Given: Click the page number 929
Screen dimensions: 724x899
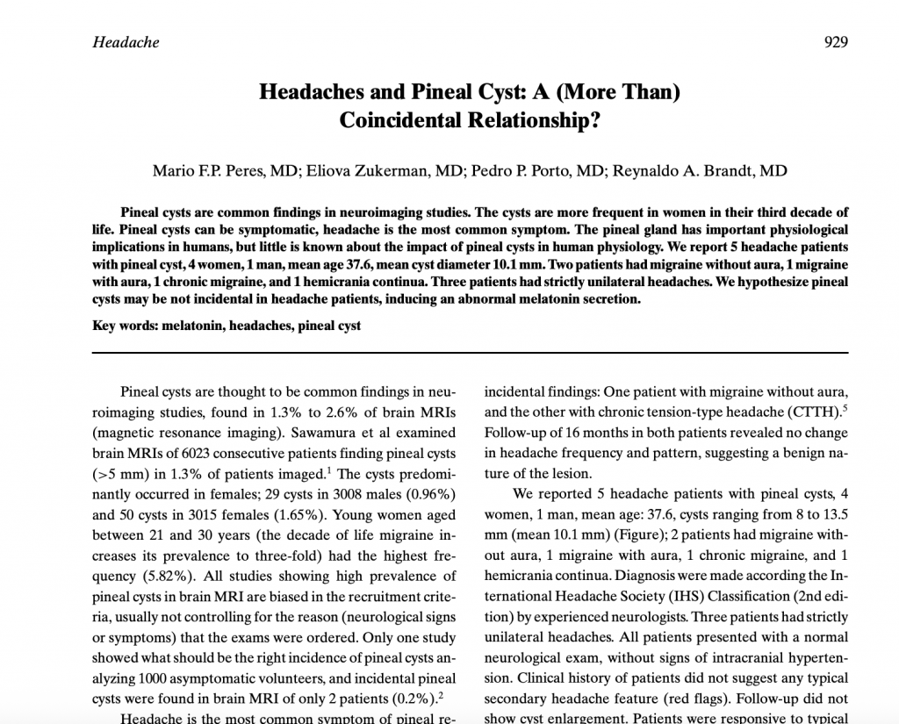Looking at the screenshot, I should (835, 42).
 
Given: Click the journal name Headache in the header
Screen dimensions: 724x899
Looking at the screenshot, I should (126, 42).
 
